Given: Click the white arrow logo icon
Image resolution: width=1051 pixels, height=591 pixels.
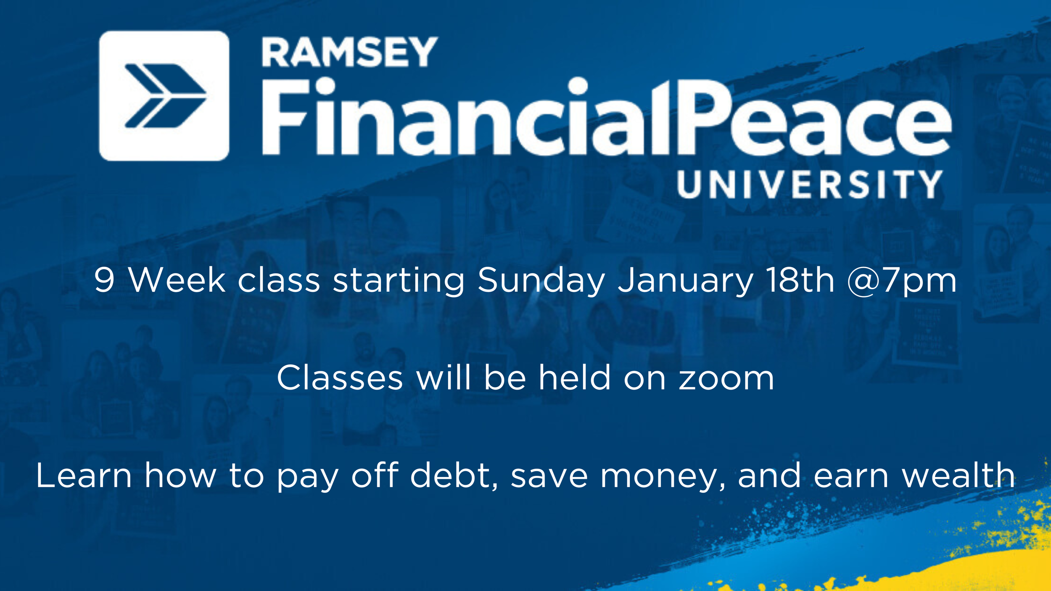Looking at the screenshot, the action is click(x=164, y=96).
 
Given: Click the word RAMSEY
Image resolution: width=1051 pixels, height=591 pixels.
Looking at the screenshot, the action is click(x=350, y=52).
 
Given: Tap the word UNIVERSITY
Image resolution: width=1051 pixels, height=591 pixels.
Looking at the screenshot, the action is click(x=810, y=184).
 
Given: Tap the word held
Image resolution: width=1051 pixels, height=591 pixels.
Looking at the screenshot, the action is click(x=575, y=377).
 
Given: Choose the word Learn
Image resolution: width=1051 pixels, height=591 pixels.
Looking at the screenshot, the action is click(x=84, y=475).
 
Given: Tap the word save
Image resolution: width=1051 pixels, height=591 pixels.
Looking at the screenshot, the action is click(x=549, y=477).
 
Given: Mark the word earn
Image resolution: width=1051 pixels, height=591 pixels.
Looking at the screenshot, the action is click(x=851, y=477).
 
